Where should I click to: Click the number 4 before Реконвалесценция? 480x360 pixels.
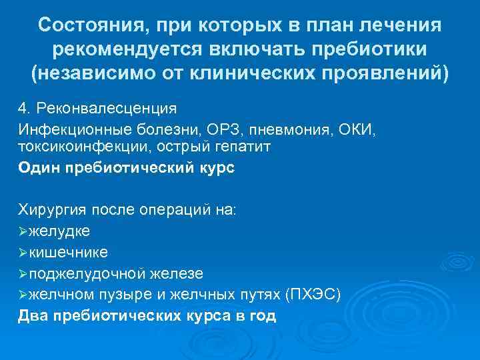point(22,108)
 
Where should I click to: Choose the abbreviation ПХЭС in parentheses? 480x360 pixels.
point(312,294)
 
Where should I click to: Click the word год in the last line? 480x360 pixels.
point(261,315)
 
